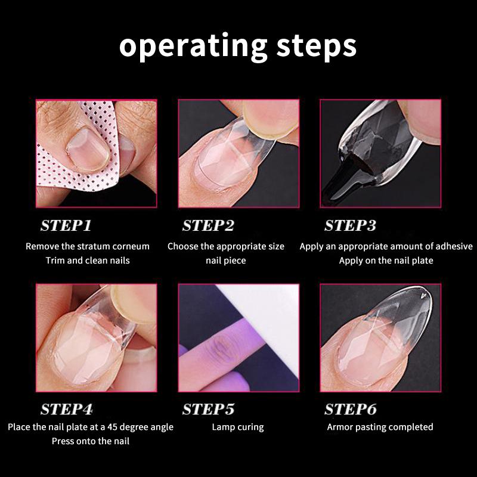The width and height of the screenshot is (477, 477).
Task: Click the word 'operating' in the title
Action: tap(193, 47)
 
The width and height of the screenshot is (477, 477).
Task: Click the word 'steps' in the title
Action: tap(317, 47)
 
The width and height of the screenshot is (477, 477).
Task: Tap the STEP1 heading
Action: tap(66, 225)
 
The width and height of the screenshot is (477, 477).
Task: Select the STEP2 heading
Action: tap(208, 225)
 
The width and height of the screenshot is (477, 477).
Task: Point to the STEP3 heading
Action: tap(351, 225)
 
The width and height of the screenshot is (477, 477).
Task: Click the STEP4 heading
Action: tap(67, 409)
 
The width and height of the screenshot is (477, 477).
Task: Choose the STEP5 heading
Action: tap(208, 409)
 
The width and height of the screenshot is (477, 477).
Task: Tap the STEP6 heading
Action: tap(351, 409)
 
